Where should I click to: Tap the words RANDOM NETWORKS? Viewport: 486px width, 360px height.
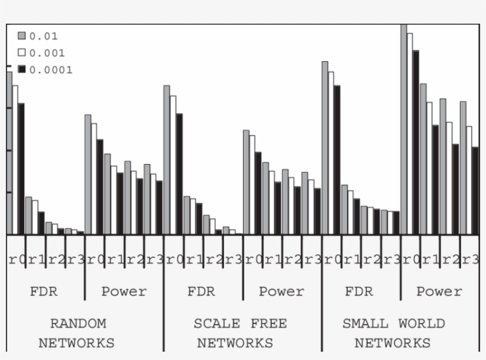(x=77, y=333)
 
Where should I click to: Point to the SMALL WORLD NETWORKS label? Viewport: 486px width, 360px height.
(x=393, y=333)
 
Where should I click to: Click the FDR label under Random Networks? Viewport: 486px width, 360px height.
(x=43, y=291)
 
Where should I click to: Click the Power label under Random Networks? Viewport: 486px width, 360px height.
(x=124, y=291)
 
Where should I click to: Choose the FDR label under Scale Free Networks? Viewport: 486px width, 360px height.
(x=201, y=291)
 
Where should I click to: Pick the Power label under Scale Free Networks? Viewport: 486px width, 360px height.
(x=282, y=291)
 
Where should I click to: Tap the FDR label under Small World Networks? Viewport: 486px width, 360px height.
(x=359, y=291)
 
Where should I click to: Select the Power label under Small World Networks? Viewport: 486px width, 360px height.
(x=439, y=291)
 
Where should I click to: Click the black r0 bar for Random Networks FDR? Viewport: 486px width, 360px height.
(x=21, y=169)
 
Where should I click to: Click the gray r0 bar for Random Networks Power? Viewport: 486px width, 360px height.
(x=88, y=175)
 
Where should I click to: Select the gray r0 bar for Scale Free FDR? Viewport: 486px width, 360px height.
(x=167, y=160)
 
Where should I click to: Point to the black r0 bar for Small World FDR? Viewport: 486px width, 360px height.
(x=337, y=160)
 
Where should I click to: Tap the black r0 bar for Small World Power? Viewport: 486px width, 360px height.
(x=416, y=142)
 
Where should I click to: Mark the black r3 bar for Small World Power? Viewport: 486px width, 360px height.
(x=475, y=190)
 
